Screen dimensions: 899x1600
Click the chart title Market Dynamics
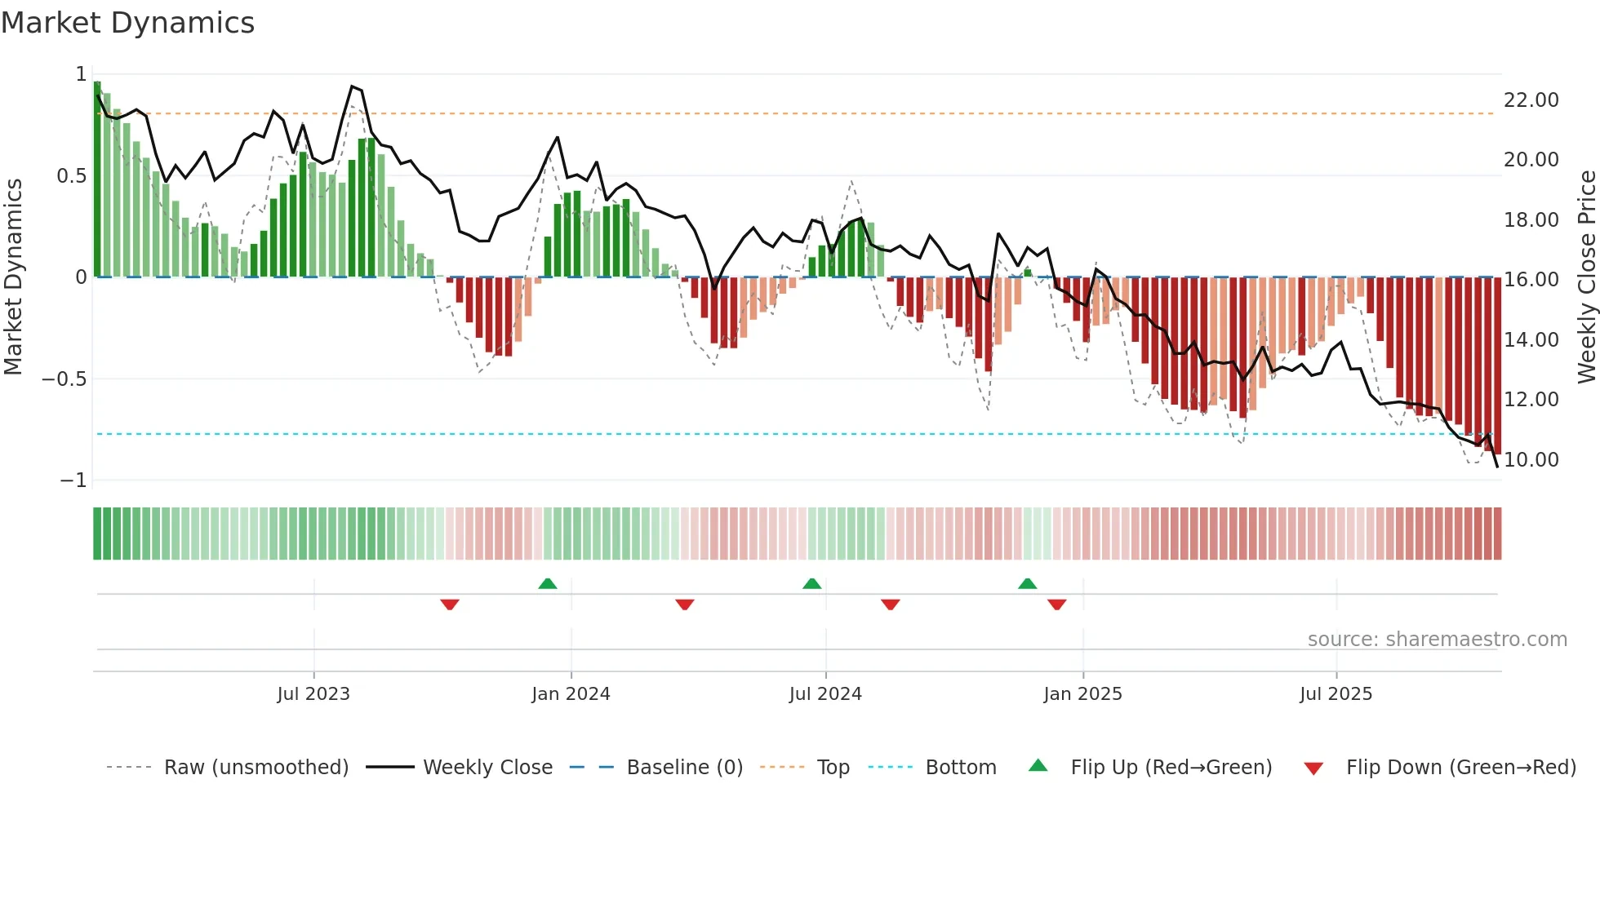click(128, 23)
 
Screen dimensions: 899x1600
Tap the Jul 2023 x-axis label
click(313, 694)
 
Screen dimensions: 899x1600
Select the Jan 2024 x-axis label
click(571, 694)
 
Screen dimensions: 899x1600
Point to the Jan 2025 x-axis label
click(1082, 694)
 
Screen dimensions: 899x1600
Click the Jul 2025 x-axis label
click(1336, 694)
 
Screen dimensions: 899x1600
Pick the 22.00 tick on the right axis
click(1531, 100)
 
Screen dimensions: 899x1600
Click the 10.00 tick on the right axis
click(1531, 460)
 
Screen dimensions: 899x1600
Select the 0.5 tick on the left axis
click(71, 176)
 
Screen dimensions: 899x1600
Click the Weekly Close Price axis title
click(1586, 277)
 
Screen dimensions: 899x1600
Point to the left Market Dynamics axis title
click(13, 277)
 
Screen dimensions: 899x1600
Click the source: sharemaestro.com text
click(1437, 640)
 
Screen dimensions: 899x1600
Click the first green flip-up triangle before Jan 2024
click(548, 584)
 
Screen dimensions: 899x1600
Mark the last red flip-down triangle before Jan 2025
click(1057, 604)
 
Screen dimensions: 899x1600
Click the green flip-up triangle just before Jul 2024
click(811, 584)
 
